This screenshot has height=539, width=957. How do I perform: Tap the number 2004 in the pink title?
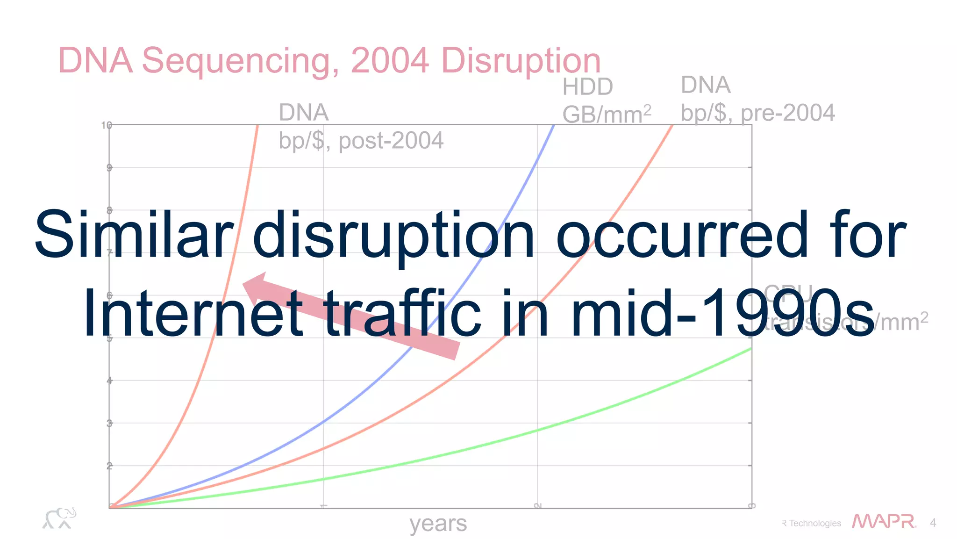[x=389, y=60]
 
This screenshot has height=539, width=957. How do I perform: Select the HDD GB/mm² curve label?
[x=606, y=101]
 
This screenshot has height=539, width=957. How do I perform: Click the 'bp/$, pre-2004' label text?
[x=757, y=113]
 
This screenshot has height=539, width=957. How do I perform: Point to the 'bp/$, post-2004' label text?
[x=361, y=141]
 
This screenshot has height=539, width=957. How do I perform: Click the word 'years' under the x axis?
[x=438, y=524]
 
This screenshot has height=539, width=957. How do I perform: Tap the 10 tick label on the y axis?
[x=106, y=125]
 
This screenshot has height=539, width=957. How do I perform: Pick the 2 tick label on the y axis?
[x=109, y=466]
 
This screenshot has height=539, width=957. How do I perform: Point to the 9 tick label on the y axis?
[x=109, y=167]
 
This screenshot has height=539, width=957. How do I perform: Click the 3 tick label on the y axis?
[x=109, y=423]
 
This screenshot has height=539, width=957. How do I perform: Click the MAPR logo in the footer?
[x=883, y=522]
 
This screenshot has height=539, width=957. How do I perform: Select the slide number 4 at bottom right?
[x=933, y=523]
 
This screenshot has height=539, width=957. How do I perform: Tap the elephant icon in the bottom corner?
[x=59, y=518]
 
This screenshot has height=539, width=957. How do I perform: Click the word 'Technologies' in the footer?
[x=814, y=524]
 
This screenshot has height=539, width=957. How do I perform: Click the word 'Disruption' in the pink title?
[x=521, y=61]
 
